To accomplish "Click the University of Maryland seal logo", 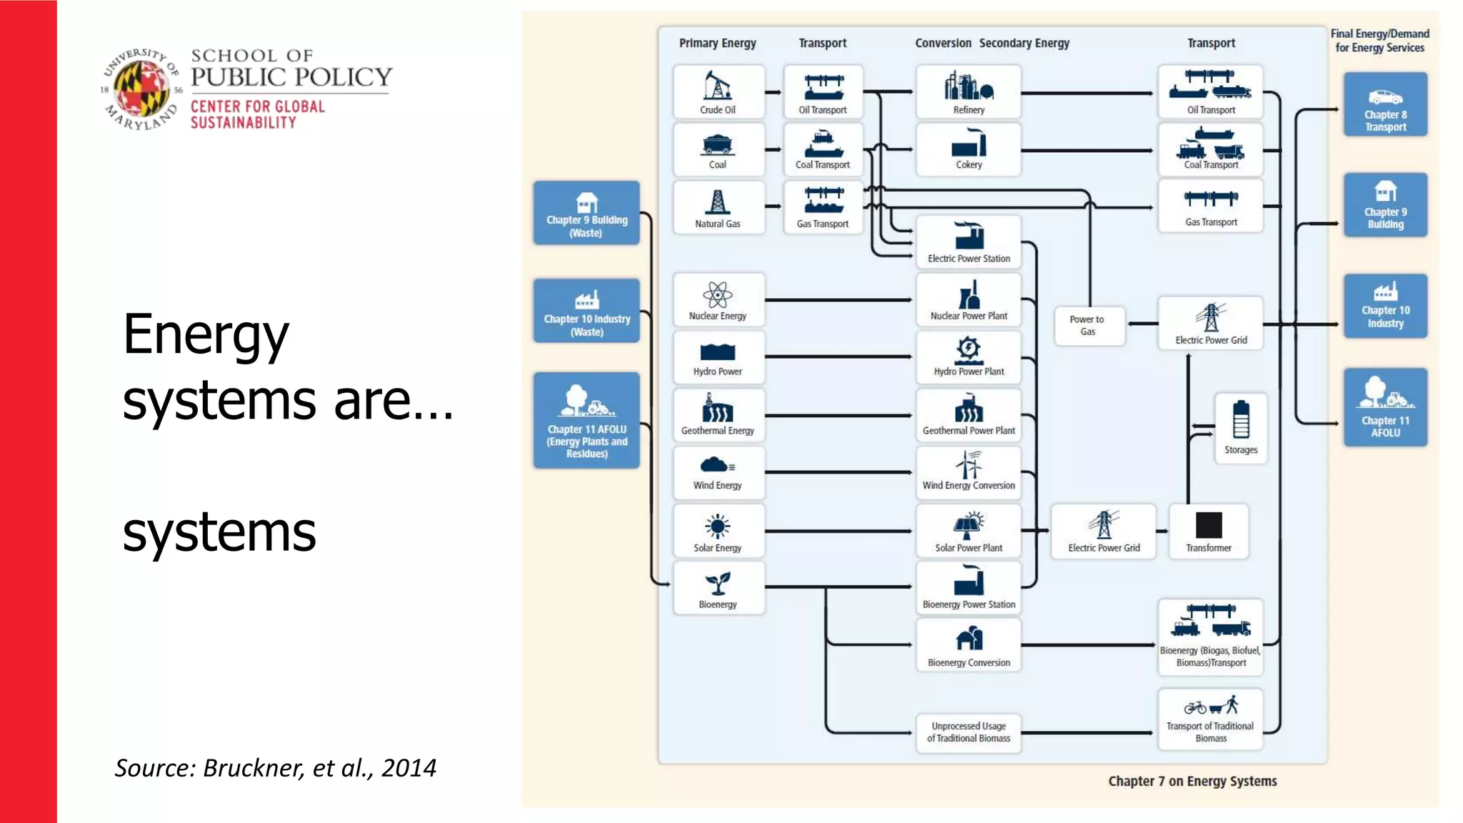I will (141, 90).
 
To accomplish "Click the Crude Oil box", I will (718, 92).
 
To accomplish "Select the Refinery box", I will (968, 92).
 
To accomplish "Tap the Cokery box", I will (968, 149).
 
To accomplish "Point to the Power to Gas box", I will (1088, 326).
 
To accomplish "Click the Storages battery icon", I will (1241, 419).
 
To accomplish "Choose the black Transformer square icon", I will (1209, 525).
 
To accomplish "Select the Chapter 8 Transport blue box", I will (1385, 104).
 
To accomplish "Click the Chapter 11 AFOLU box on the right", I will (1385, 407).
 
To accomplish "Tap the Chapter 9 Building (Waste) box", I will (586, 213).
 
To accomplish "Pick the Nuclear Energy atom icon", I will (717, 294).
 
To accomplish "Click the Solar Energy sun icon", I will (717, 527).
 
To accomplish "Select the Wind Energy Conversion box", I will (968, 472).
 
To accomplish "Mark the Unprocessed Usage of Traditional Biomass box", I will (968, 732).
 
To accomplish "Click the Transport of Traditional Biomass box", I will (1210, 719).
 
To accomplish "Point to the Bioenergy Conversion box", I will (968, 645).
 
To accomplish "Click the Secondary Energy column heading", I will (1024, 43).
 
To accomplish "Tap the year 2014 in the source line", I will (409, 768).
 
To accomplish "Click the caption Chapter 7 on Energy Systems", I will (1192, 781).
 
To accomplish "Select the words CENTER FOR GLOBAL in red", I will (257, 106).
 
